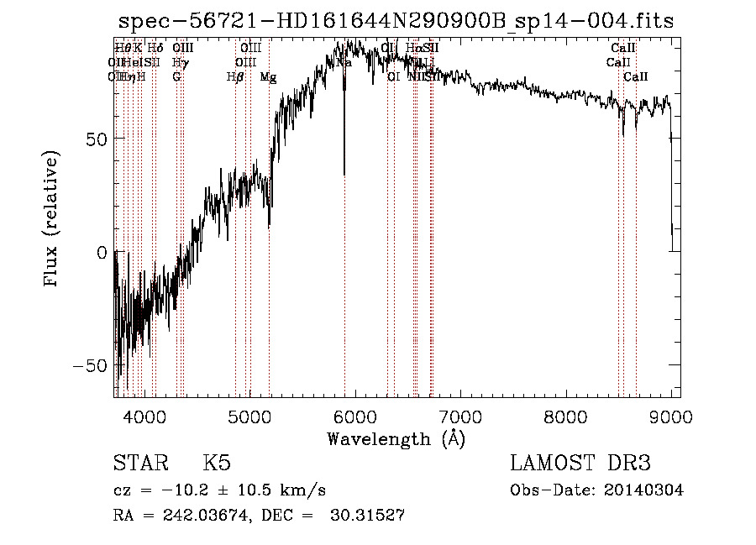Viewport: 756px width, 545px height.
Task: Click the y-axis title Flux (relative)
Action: click(52, 220)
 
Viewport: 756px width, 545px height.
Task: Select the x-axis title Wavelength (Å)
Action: click(396, 438)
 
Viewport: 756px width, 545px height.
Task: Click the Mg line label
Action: click(268, 77)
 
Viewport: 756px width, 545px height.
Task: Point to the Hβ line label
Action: click(235, 77)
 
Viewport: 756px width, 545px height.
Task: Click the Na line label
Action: click(344, 63)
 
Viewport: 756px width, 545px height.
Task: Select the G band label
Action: click(176, 77)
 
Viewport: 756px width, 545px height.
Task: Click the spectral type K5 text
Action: click(217, 464)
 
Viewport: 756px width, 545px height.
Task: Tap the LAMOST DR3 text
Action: click(580, 464)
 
